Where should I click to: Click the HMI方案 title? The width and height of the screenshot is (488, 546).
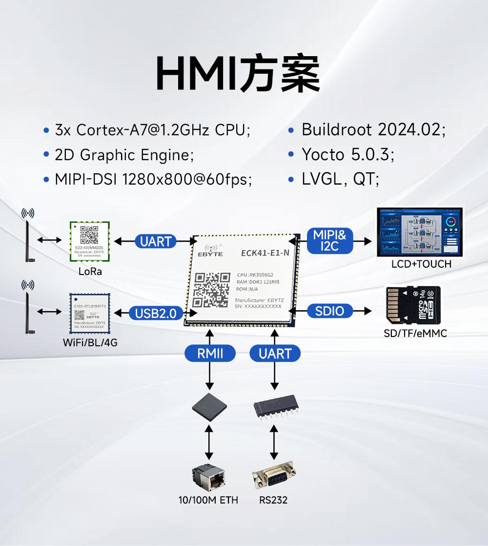(238, 74)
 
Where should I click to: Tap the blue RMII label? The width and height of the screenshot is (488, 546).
(210, 353)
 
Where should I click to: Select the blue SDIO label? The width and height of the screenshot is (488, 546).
(329, 311)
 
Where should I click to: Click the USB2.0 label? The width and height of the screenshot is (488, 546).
(156, 313)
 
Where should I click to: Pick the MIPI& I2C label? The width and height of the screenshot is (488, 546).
(329, 241)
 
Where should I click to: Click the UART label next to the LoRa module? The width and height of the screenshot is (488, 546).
(156, 241)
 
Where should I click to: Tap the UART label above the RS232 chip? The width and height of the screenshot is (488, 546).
(275, 353)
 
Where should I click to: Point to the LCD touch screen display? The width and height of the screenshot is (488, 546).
(420, 232)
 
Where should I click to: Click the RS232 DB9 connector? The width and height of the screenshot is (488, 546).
(274, 477)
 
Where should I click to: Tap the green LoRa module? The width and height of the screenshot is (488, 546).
(89, 241)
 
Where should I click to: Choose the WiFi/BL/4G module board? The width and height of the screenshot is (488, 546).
(89, 313)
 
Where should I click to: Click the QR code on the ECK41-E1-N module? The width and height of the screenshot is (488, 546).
(212, 290)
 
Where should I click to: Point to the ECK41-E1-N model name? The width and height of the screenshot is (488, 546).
(265, 252)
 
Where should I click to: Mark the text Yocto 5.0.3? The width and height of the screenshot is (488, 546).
(347, 155)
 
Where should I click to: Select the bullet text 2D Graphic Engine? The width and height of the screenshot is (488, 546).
(124, 155)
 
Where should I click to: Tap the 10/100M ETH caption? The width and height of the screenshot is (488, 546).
(208, 500)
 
